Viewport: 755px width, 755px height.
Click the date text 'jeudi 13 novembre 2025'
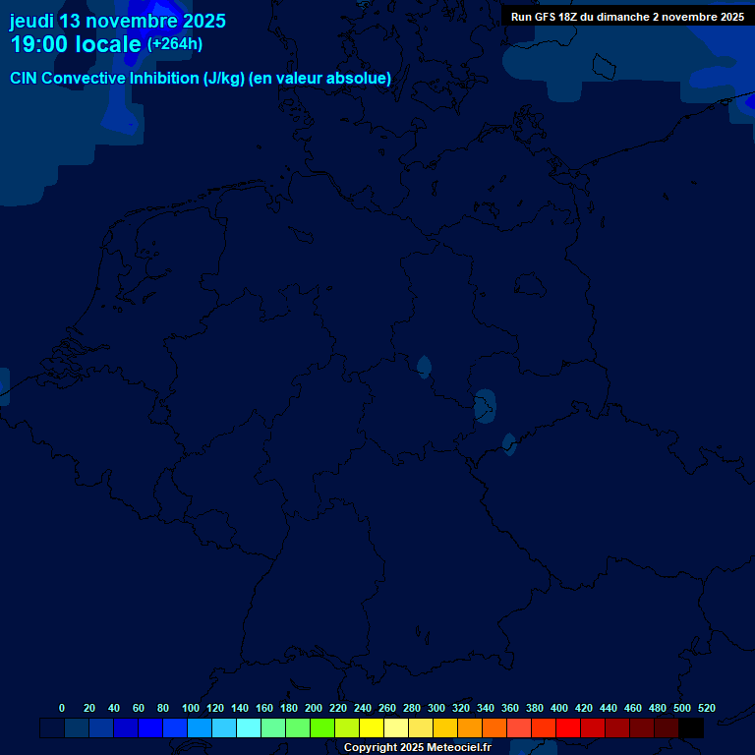[118, 21]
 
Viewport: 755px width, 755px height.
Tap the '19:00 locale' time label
[76, 44]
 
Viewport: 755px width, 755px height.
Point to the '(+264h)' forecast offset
[175, 44]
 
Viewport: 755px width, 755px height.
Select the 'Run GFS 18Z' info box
[627, 17]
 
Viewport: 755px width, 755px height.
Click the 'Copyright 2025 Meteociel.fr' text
[417, 747]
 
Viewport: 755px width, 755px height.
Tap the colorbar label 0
[62, 708]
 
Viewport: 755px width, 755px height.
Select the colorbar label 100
[191, 708]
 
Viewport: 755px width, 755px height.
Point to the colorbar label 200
[314, 708]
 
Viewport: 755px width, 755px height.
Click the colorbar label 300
[436, 708]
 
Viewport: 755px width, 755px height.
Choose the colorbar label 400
[559, 708]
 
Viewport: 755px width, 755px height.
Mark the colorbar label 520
[707, 708]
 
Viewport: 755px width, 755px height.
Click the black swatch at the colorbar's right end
[691, 728]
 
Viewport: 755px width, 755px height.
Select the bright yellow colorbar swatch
[372, 728]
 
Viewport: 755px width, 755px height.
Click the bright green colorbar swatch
[322, 728]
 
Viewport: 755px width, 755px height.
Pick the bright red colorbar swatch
[568, 728]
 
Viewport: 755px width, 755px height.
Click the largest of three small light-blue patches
[485, 406]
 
